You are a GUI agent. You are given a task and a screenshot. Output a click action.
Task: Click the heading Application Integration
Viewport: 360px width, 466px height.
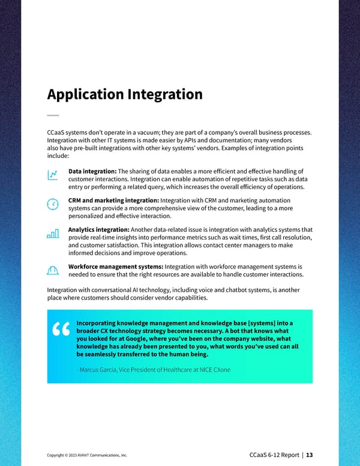(124, 95)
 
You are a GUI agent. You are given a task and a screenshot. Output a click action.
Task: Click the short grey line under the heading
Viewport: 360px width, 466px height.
(53, 115)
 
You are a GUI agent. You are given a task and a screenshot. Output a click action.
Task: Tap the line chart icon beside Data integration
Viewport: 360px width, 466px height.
(53, 174)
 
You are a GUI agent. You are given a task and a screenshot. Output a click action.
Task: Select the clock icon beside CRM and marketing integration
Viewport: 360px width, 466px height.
(53, 204)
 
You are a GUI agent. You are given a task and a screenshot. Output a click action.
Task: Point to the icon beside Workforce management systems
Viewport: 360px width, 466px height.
(53, 270)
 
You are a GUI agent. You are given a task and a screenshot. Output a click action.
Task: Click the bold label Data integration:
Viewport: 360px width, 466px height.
(93, 171)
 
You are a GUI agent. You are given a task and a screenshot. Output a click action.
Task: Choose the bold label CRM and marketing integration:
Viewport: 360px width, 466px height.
(114, 201)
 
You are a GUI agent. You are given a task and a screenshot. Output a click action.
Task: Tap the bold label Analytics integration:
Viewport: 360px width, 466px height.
(99, 230)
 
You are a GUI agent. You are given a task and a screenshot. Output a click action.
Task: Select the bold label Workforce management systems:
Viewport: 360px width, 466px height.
(116, 266)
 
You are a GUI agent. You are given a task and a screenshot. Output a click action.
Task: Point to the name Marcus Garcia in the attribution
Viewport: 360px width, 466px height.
(97, 369)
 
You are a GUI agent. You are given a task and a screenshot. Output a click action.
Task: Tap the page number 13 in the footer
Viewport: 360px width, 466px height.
(310, 455)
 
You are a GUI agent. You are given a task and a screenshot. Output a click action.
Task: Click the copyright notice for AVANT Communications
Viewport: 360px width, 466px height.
(86, 455)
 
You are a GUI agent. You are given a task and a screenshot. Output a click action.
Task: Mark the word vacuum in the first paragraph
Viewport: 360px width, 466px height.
(158, 132)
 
